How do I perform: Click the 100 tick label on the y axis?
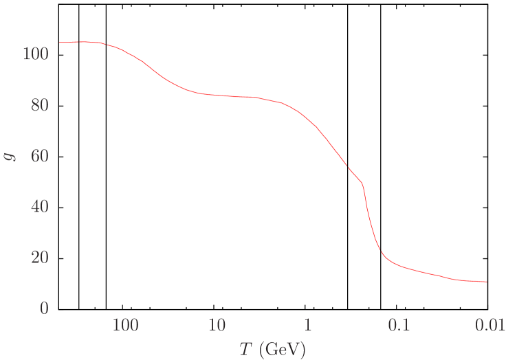point(35,54)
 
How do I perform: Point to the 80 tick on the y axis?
point(39,105)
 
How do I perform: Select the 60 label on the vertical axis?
point(39,156)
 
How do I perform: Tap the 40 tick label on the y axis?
point(39,207)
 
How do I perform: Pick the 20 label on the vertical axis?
point(39,258)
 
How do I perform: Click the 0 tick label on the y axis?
point(44,308)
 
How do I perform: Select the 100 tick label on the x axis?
point(125,326)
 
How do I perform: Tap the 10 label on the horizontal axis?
point(217,326)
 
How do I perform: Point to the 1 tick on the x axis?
point(307,326)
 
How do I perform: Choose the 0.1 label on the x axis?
point(399,326)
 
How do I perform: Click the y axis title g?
point(10,156)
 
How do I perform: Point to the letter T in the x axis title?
point(246,349)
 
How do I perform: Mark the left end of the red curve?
point(59,43)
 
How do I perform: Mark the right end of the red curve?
point(487,282)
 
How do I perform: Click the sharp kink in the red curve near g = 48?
point(362,183)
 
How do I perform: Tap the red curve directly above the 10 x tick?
point(217,95)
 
